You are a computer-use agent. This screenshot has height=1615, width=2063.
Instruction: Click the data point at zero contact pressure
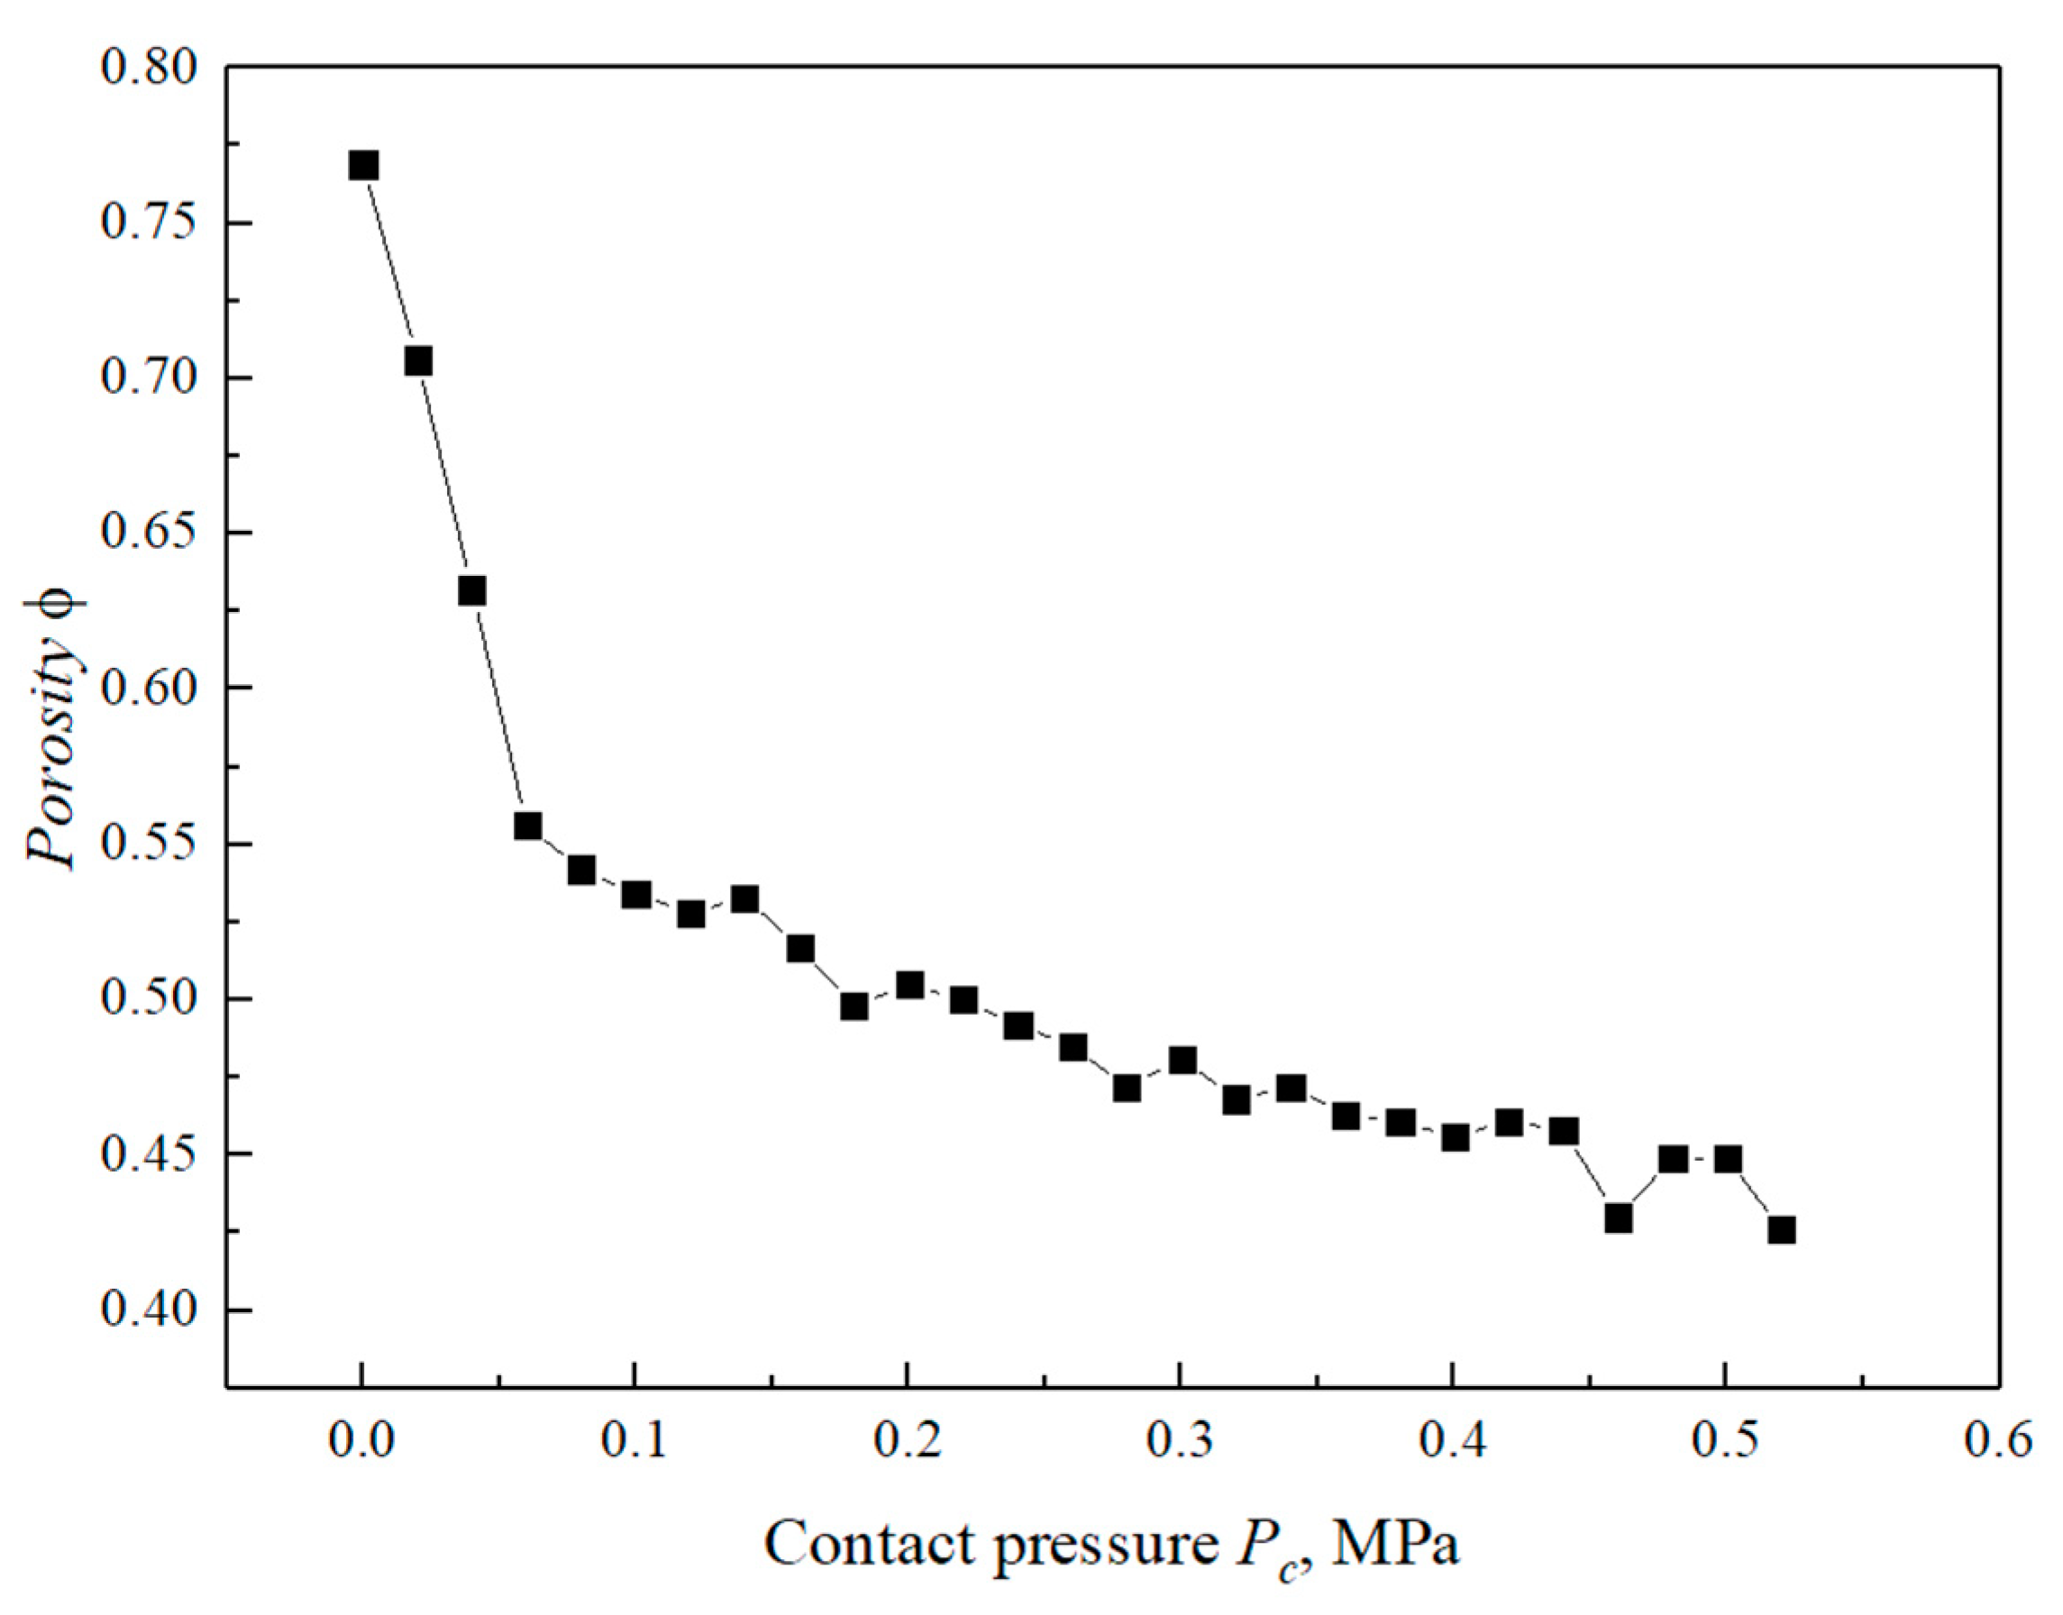point(363,167)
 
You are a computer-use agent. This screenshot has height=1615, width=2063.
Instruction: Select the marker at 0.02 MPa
point(418,361)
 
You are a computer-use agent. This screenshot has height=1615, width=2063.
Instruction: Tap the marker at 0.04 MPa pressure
point(471,592)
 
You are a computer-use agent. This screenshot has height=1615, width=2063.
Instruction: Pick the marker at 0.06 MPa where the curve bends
point(526,826)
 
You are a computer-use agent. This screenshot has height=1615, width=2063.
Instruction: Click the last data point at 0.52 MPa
point(1781,1230)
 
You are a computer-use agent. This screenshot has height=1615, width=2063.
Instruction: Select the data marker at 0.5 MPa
point(1728,1159)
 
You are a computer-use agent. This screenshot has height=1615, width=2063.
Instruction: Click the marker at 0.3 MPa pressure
point(1182,1060)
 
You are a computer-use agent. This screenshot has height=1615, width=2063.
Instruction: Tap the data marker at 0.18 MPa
point(853,1006)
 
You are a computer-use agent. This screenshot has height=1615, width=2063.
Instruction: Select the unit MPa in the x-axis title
point(1395,1545)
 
